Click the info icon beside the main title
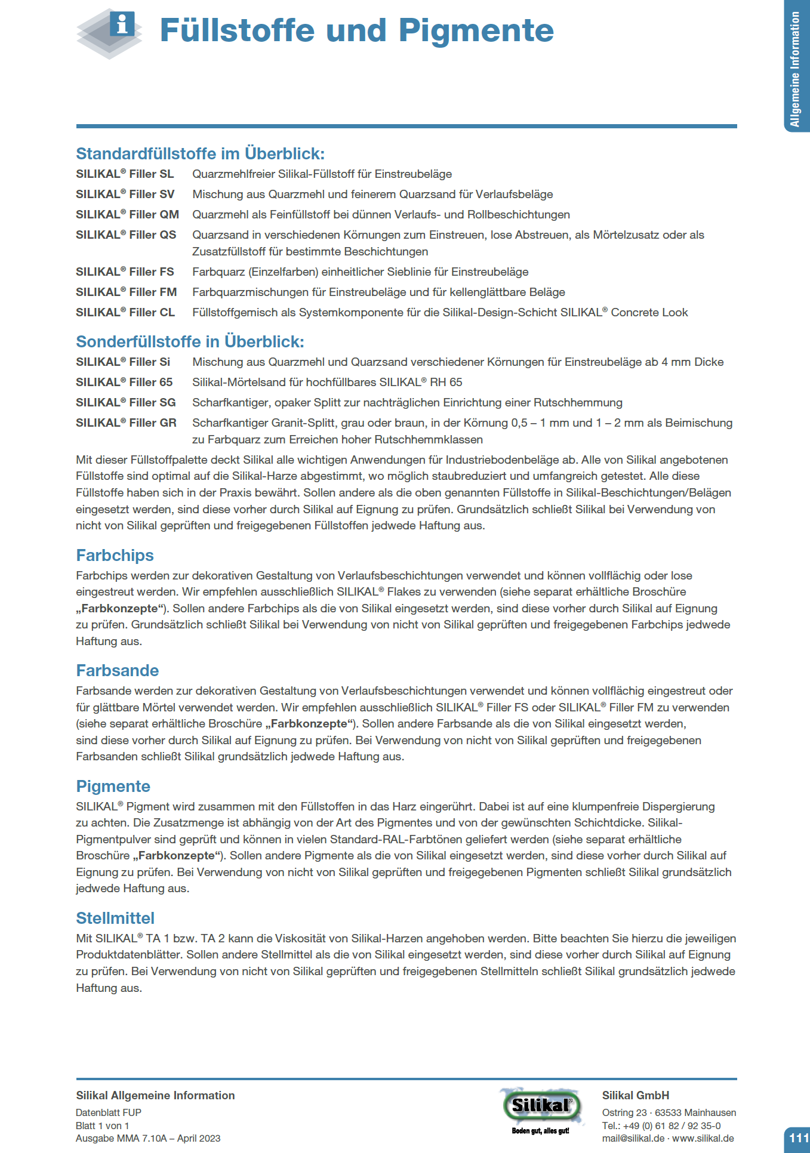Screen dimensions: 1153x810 coord(122,24)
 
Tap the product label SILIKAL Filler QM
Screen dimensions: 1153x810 coord(127,214)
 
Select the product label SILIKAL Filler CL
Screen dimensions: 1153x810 coord(125,312)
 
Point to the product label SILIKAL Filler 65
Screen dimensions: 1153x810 coord(124,382)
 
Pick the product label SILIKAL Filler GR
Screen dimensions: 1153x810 coord(126,423)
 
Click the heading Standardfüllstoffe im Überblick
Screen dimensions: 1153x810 coord(200,154)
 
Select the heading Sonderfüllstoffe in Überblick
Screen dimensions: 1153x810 coord(190,342)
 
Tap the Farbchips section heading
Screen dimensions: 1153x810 coord(115,556)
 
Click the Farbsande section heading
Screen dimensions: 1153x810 coord(117,671)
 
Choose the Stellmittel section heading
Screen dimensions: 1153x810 coord(115,918)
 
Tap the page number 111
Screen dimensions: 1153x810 coord(798,1137)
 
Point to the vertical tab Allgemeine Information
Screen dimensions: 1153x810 coord(796,69)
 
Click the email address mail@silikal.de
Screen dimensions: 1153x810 coord(633,1138)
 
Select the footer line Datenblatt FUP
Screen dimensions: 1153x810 coord(109,1112)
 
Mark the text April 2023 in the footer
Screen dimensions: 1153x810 coord(199,1138)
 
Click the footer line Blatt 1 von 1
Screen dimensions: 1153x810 coord(102,1126)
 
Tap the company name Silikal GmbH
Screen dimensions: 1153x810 coord(635,1095)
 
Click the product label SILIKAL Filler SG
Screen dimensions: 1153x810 coord(126,402)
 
